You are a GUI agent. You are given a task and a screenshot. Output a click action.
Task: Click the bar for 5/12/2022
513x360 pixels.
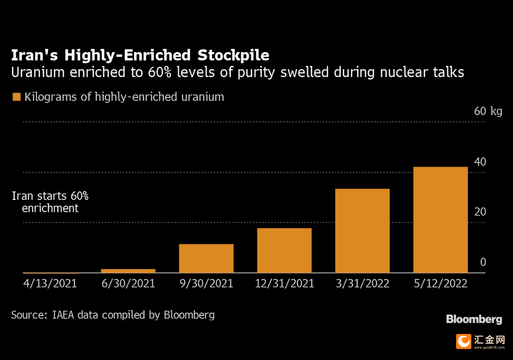coord(440,220)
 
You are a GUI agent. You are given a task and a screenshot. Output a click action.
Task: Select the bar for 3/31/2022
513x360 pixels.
coord(362,231)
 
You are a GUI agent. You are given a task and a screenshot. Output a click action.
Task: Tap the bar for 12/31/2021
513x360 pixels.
coord(284,251)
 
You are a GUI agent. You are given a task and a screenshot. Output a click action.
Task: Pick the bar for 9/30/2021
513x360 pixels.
coord(206,258)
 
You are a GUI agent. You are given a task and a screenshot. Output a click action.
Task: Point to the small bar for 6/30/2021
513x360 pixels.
coord(128,271)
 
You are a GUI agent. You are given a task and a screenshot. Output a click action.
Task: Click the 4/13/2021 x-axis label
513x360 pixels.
coord(50,284)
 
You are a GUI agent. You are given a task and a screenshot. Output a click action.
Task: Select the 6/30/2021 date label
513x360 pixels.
coord(128,284)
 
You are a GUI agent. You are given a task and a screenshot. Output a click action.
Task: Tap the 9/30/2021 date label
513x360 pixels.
coord(206,284)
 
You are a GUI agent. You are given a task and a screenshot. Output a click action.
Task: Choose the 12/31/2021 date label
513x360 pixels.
coord(284,284)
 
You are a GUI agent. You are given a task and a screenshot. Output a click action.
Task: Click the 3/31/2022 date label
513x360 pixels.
coord(362,284)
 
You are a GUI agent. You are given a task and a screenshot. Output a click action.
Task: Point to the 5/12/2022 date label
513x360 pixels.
coord(440,284)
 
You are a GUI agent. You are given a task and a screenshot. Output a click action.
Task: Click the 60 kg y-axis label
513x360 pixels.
coord(488,112)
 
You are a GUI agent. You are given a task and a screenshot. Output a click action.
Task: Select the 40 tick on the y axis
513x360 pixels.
coord(480,162)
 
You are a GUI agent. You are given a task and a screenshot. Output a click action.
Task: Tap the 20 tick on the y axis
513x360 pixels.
coord(480,212)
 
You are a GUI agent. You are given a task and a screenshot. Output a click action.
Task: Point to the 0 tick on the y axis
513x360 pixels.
coord(483,262)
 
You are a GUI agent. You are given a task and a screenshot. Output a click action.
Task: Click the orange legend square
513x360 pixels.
coord(17,97)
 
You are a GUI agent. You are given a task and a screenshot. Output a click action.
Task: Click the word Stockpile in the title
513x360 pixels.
coord(233,55)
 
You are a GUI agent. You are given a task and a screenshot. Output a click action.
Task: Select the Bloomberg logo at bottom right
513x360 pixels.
coord(474,320)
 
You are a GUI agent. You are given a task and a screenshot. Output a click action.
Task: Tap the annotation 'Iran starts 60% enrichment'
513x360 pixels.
coord(50,202)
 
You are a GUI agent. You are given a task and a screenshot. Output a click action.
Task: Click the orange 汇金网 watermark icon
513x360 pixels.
coord(463,341)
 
